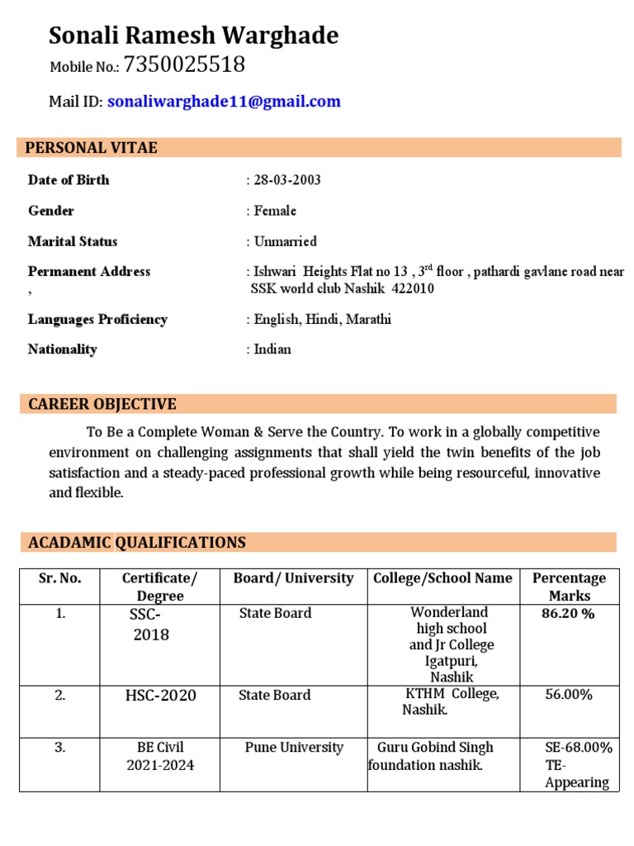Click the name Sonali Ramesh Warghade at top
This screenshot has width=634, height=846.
pyautogui.click(x=193, y=36)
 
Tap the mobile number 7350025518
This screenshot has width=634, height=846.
pyautogui.click(x=184, y=65)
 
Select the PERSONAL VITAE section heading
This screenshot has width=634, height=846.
pyautogui.click(x=91, y=148)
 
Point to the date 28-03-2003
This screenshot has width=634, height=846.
pyautogui.click(x=287, y=180)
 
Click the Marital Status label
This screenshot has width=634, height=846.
pyautogui.click(x=73, y=241)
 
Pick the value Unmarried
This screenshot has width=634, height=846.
pyautogui.click(x=285, y=241)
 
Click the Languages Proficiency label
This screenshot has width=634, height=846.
pyautogui.click(x=97, y=319)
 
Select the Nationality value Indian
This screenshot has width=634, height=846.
pyautogui.click(x=272, y=349)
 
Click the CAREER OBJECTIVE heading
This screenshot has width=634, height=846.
pyautogui.click(x=102, y=404)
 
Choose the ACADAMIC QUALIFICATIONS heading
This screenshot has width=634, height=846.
pyautogui.click(x=137, y=543)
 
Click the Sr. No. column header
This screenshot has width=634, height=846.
pyautogui.click(x=59, y=578)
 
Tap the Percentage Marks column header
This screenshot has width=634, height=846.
pyautogui.click(x=569, y=587)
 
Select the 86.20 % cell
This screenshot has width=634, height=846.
pyautogui.click(x=569, y=614)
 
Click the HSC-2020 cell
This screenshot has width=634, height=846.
pyautogui.click(x=160, y=696)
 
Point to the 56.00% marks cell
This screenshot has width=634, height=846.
pyautogui.click(x=569, y=695)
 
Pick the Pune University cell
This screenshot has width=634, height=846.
pyautogui.click(x=294, y=748)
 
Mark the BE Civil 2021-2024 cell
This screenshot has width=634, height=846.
pyautogui.click(x=160, y=756)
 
